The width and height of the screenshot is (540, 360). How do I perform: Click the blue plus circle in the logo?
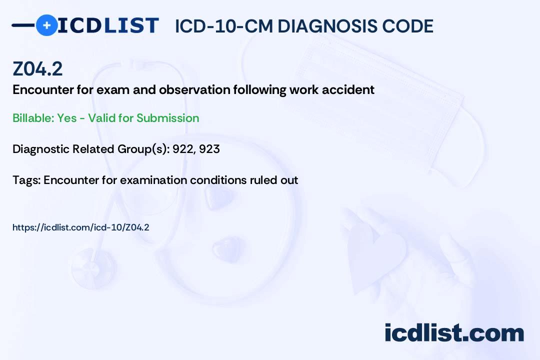[x=46, y=25]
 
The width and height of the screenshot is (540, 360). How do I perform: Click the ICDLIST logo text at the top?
[x=108, y=25]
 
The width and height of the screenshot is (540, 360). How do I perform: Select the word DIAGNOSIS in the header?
[x=321, y=26]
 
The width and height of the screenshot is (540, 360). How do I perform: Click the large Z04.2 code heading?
[x=37, y=69]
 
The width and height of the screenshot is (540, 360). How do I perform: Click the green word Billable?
[x=33, y=118]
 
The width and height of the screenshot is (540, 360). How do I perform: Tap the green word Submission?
[x=167, y=118]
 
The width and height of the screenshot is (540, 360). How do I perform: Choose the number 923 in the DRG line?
[x=209, y=149]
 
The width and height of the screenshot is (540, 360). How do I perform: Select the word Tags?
[x=26, y=180]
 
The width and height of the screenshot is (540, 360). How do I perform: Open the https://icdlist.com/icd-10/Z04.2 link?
[x=81, y=227]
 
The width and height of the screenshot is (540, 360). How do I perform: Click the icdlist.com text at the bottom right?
[x=454, y=332]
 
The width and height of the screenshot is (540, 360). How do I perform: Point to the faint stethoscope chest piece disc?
[x=93, y=267]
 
